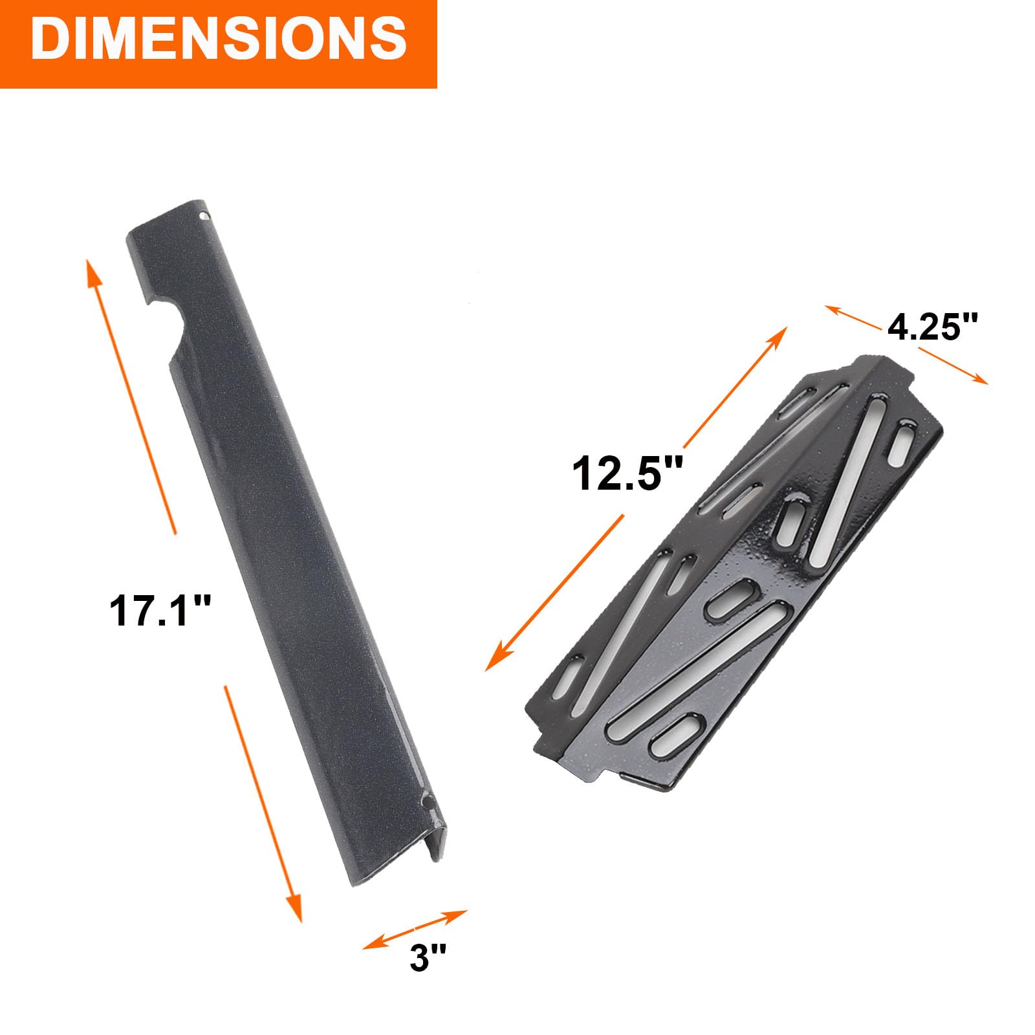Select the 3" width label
(428, 957)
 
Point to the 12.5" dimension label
(627, 473)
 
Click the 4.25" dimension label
(932, 327)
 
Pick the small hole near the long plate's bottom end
(426, 802)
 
